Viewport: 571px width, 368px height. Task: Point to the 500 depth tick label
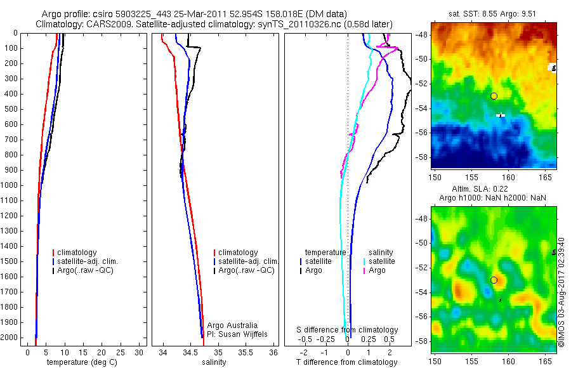click(x=11, y=109)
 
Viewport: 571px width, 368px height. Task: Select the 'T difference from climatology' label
click(x=347, y=362)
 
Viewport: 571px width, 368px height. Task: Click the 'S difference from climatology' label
click(x=348, y=330)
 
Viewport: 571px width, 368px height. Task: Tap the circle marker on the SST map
click(x=494, y=96)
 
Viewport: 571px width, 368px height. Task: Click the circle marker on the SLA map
click(x=494, y=280)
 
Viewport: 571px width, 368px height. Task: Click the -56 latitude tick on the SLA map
click(x=423, y=316)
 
